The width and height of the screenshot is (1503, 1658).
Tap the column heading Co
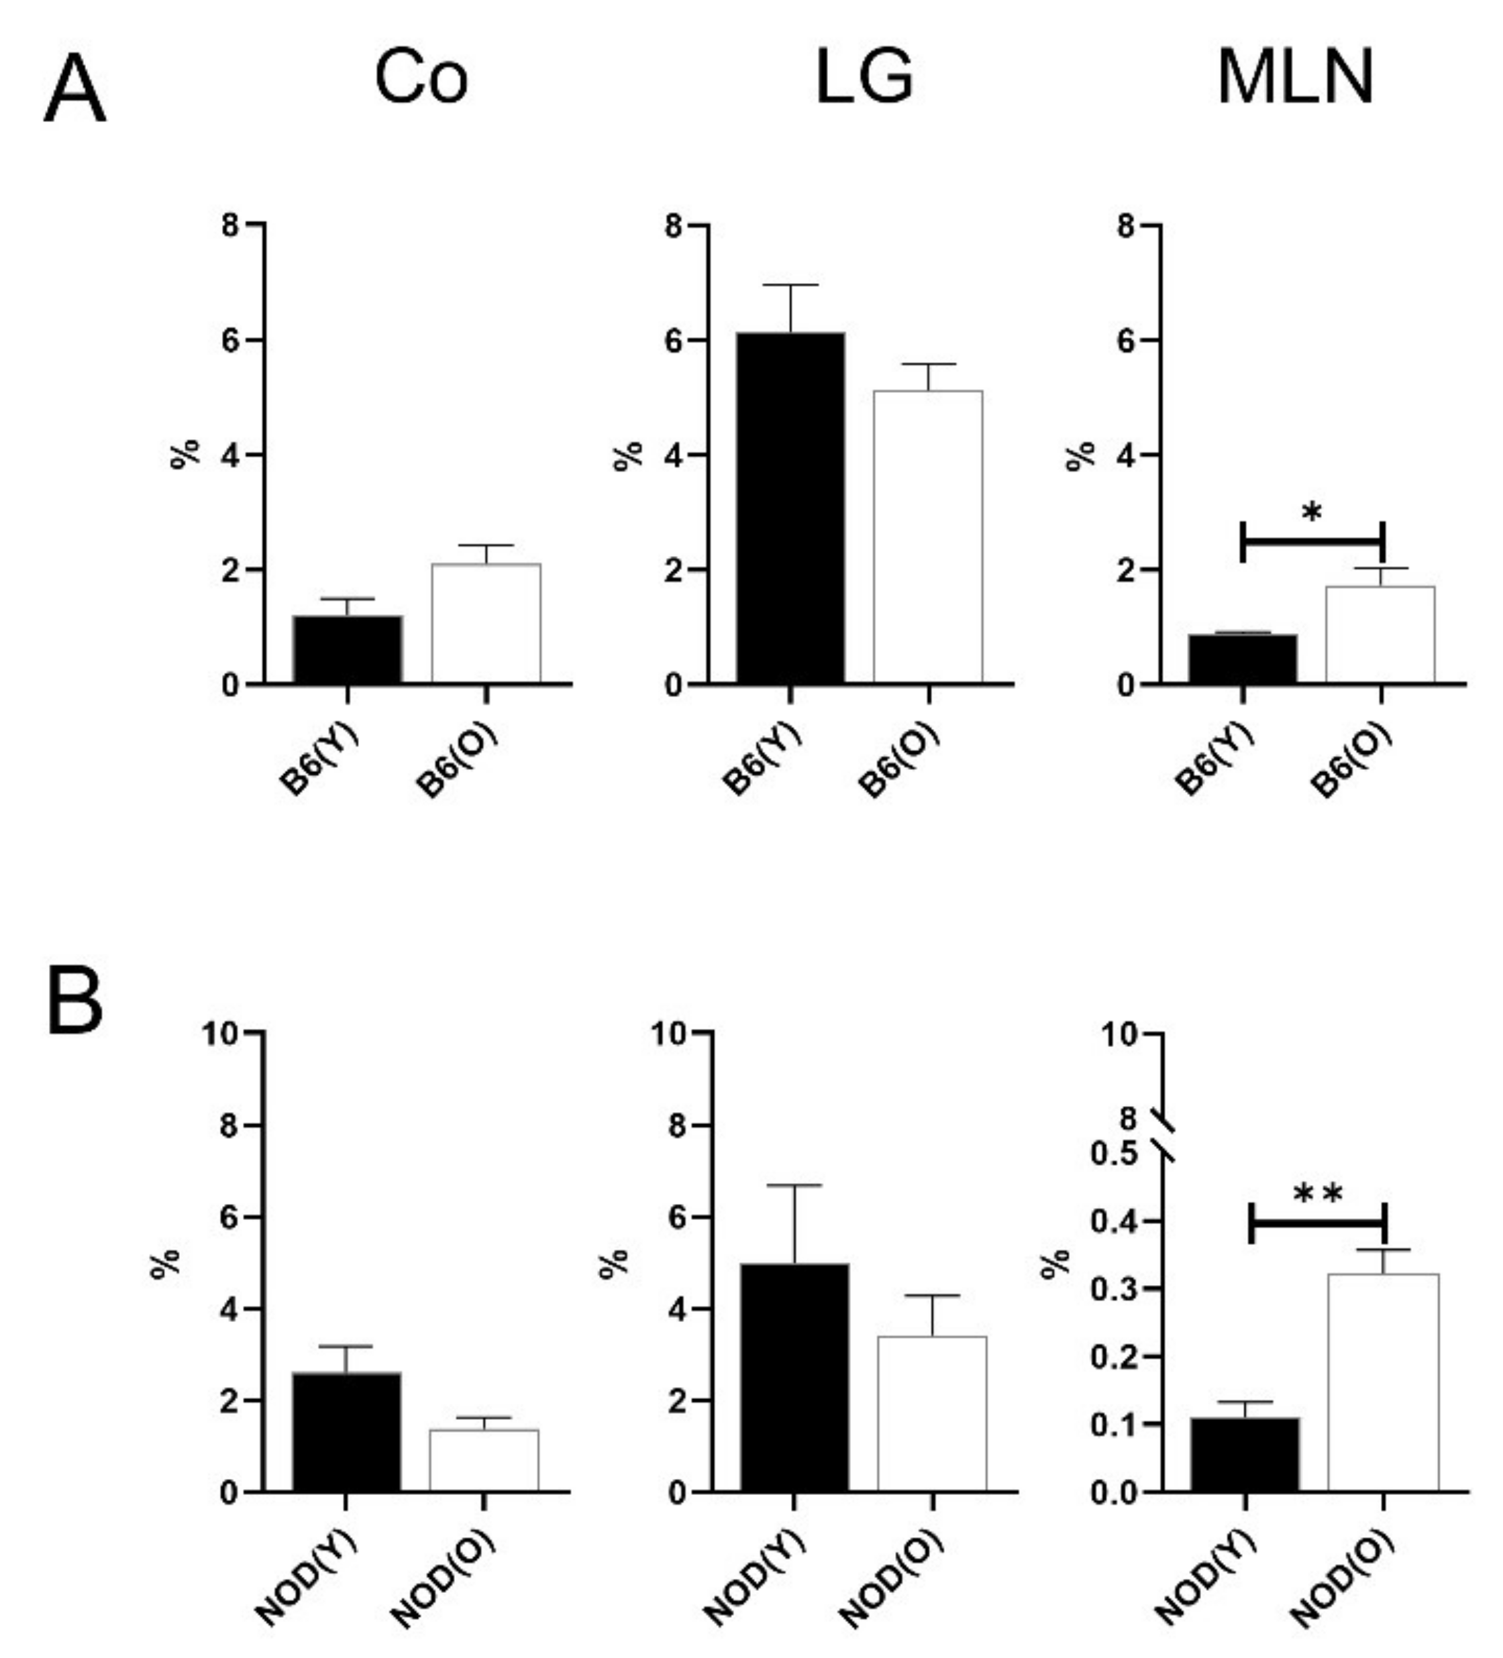click(x=421, y=77)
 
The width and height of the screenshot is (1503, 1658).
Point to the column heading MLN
click(x=1295, y=77)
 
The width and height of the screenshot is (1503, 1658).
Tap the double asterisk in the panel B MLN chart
click(x=1318, y=1194)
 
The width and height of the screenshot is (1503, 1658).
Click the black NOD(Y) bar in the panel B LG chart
click(x=794, y=1377)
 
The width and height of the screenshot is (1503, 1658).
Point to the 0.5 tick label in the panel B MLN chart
click(x=1114, y=1154)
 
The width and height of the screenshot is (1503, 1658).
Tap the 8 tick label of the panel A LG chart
click(x=674, y=225)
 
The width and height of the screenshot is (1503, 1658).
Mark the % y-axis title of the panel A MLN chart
click(x=1081, y=455)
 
